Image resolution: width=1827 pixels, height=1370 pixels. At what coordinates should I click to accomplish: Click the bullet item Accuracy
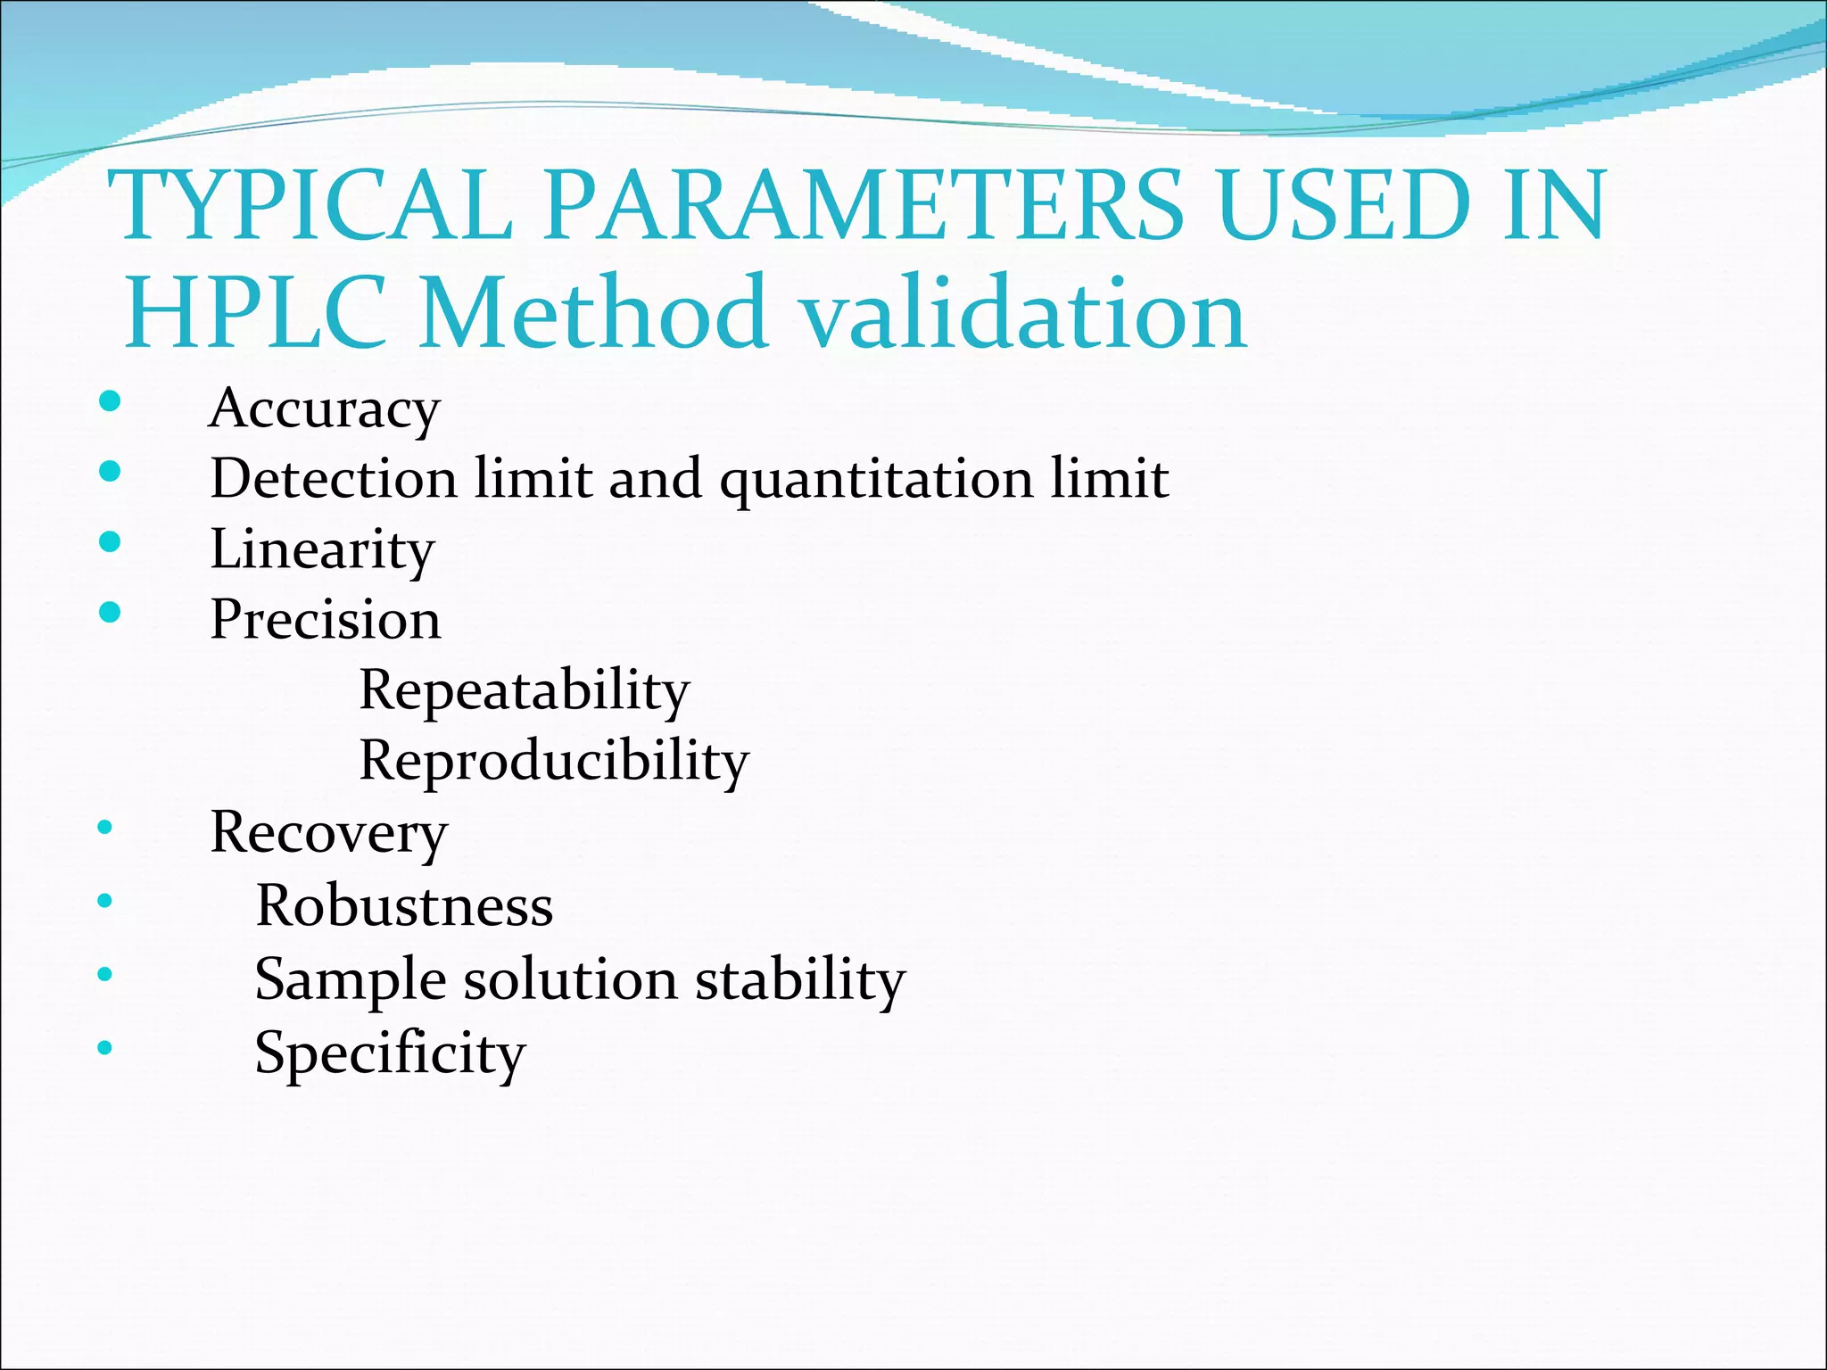point(325,409)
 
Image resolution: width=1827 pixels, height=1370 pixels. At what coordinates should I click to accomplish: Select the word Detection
point(334,478)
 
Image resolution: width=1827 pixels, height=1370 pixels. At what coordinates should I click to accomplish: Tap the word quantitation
point(875,480)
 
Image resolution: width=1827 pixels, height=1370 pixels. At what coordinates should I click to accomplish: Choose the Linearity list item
point(322,549)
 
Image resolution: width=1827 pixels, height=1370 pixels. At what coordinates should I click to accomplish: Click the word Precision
point(326,619)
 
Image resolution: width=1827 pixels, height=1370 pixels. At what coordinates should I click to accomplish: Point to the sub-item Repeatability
point(525,690)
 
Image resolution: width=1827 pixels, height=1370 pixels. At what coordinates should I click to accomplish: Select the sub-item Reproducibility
point(554,761)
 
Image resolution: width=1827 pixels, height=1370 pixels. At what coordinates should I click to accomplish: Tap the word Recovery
point(328,833)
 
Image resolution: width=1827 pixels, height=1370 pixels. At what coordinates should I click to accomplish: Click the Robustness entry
point(404,905)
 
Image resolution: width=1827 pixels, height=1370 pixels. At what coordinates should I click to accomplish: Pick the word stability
point(800,979)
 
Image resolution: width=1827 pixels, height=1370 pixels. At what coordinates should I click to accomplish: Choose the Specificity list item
point(390,1053)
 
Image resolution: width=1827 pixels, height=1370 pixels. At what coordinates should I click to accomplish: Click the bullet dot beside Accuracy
point(110,401)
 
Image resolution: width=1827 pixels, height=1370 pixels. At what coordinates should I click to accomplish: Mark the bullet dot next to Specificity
point(105,1047)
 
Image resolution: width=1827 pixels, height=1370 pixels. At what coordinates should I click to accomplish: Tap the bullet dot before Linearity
point(110,541)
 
